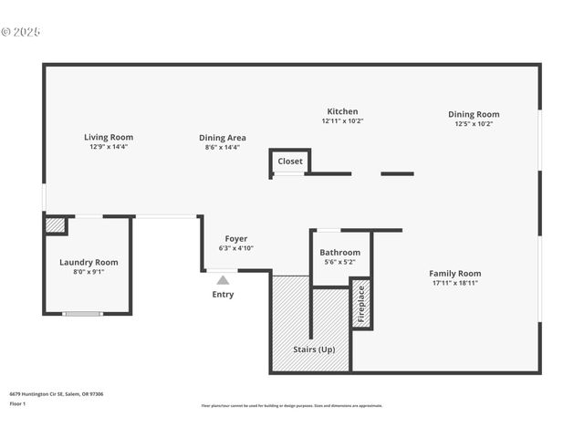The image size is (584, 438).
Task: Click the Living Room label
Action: point(109,137)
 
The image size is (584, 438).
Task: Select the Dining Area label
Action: point(222,138)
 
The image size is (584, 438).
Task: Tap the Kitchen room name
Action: point(342,111)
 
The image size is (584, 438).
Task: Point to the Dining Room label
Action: point(474,114)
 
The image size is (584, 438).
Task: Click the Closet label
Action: point(290,162)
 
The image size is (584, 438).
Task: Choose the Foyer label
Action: point(236,239)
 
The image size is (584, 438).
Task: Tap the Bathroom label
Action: point(339,253)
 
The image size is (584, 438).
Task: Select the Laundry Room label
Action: point(89,262)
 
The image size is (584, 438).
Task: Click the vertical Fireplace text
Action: point(361,304)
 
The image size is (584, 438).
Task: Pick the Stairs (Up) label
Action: point(313,349)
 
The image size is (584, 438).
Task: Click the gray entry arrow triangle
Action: point(223,280)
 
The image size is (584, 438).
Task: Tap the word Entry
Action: point(223,295)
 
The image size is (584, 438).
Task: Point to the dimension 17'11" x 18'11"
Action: point(454,283)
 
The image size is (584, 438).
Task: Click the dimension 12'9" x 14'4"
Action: point(109,147)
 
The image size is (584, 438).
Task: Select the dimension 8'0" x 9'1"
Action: point(89,271)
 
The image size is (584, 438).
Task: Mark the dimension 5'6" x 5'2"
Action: point(339,262)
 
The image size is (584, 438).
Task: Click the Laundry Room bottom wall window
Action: point(82,314)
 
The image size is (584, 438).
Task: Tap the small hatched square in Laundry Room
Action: point(55,224)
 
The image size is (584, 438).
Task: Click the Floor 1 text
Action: point(18,403)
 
